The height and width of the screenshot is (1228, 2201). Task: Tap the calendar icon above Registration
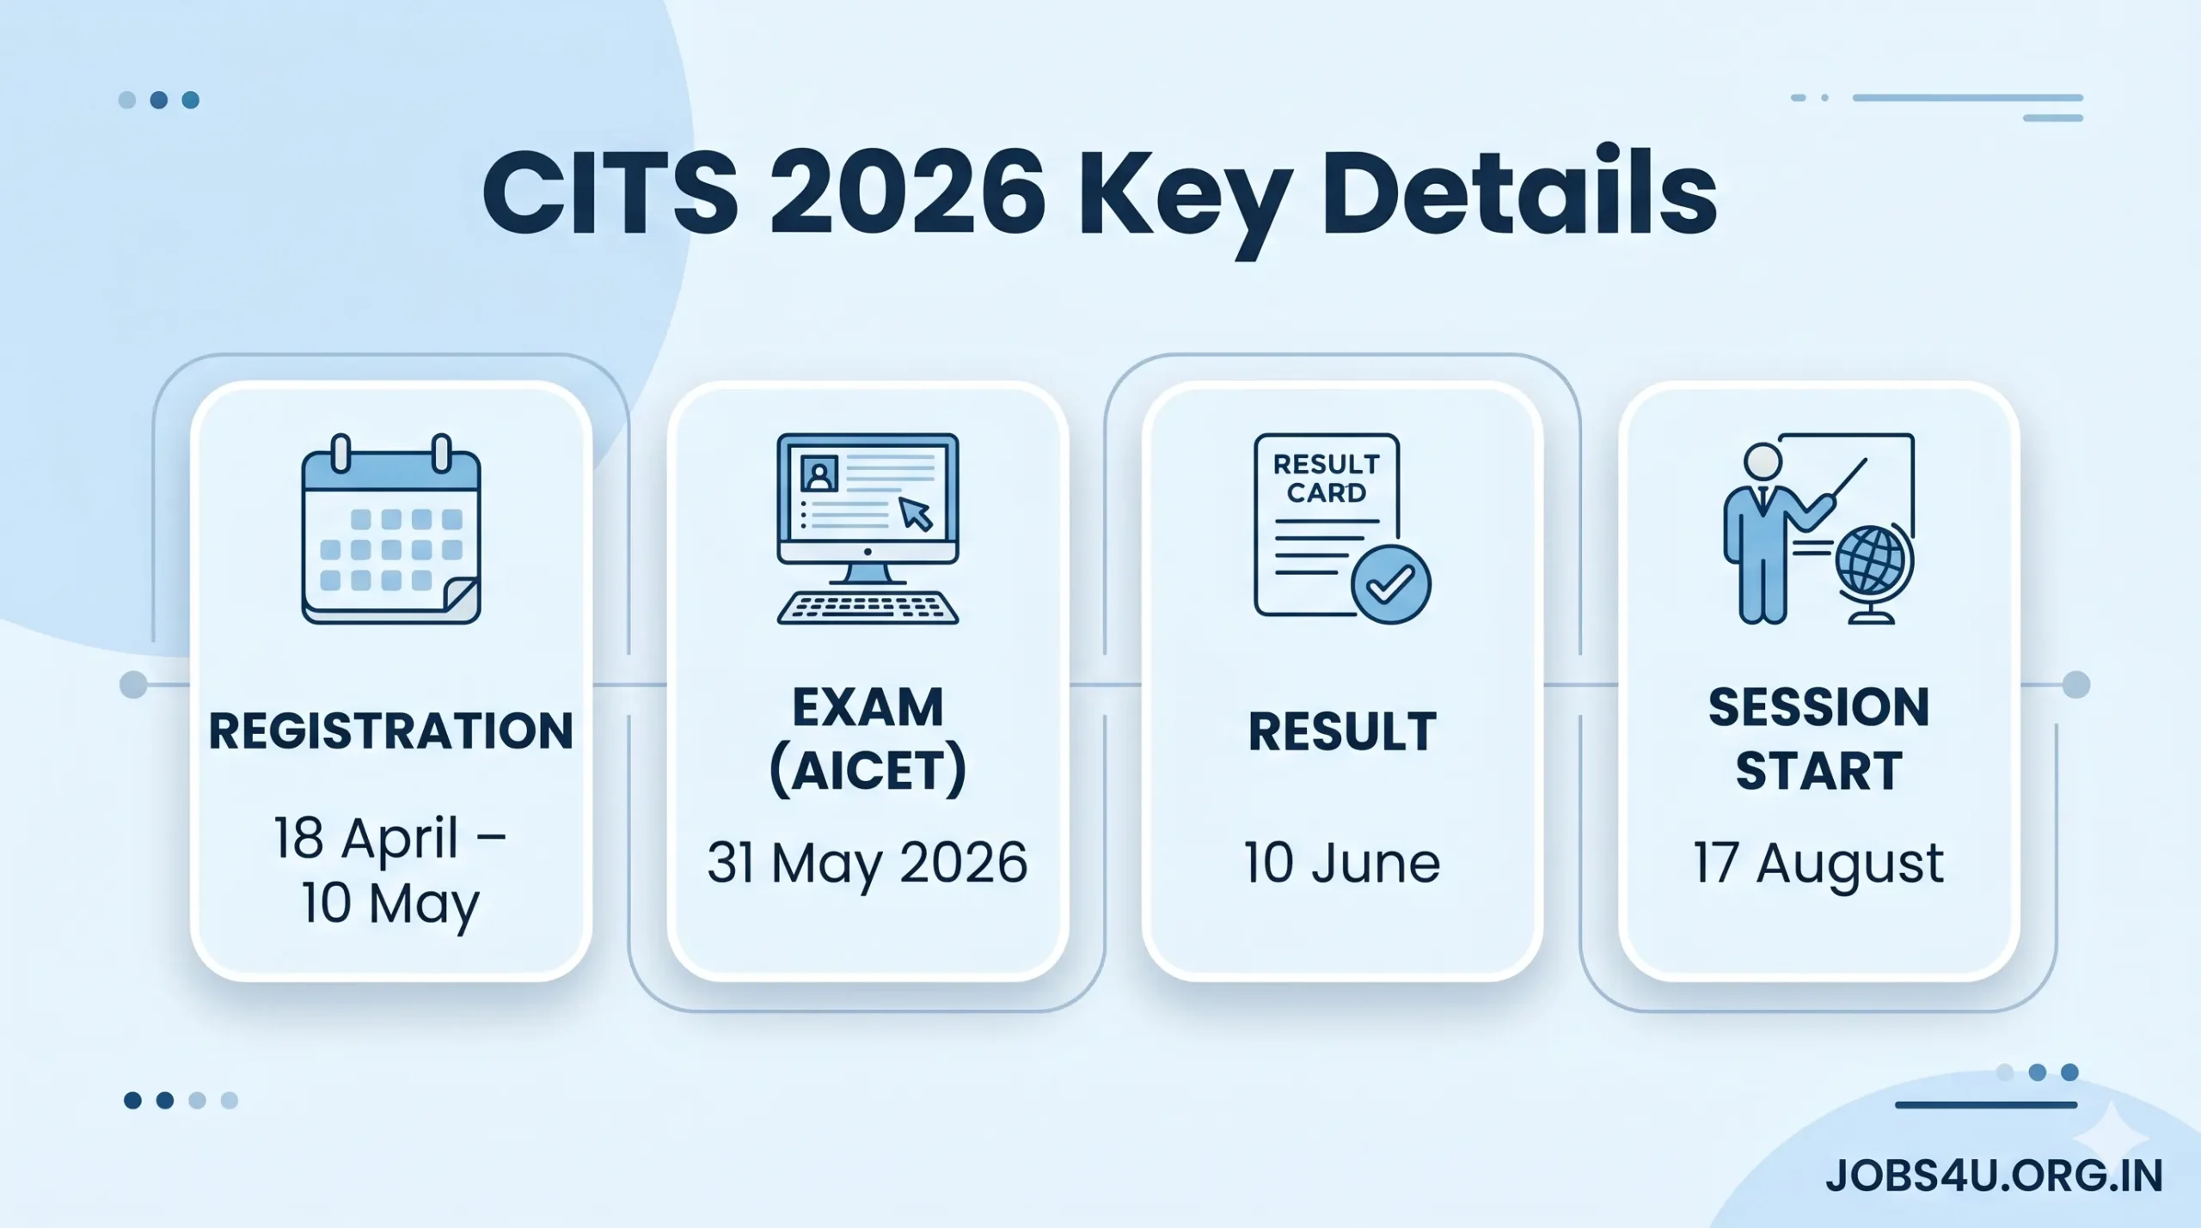coord(391,529)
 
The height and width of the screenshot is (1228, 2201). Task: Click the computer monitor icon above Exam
coord(868,499)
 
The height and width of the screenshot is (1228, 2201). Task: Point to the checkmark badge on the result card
coord(1390,584)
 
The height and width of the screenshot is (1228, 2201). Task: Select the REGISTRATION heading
coord(391,731)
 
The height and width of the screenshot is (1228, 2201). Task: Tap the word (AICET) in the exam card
coord(868,770)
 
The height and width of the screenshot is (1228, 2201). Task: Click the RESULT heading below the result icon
coord(1342,732)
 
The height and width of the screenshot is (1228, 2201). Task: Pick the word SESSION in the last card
coord(1819,707)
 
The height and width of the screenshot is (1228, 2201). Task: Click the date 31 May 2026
coord(868,862)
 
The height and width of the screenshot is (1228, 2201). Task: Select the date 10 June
coord(1342,862)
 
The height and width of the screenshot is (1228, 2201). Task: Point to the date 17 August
coord(1818,862)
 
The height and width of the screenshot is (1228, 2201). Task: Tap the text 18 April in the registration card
coord(366,837)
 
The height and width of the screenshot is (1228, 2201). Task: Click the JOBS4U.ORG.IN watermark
coord(1994,1176)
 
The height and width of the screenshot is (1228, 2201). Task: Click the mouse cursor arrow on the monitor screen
coord(916,515)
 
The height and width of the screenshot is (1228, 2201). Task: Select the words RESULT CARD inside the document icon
coord(1326,479)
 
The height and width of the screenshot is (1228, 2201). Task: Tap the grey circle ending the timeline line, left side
coord(133,685)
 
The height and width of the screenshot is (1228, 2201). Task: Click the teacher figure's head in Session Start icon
coord(1763,461)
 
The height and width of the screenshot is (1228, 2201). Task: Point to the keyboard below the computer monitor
coord(868,608)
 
